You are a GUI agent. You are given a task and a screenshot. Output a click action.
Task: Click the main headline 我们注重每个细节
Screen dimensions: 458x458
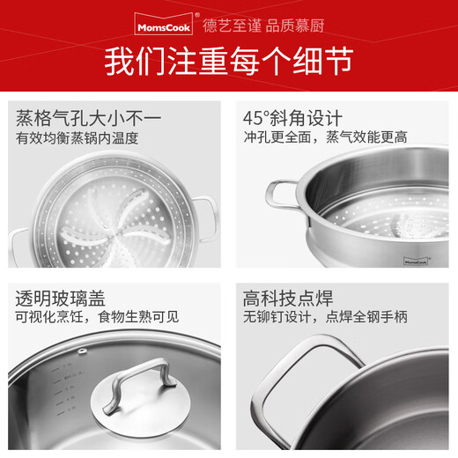pyautogui.click(x=229, y=61)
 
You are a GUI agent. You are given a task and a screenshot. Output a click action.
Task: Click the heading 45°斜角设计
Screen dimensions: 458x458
pyautogui.click(x=292, y=118)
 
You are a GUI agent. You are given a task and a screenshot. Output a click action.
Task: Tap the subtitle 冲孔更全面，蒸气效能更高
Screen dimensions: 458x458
pyautogui.click(x=325, y=138)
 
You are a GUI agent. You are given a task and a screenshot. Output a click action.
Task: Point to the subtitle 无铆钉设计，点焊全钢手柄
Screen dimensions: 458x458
pyautogui.click(x=329, y=317)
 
